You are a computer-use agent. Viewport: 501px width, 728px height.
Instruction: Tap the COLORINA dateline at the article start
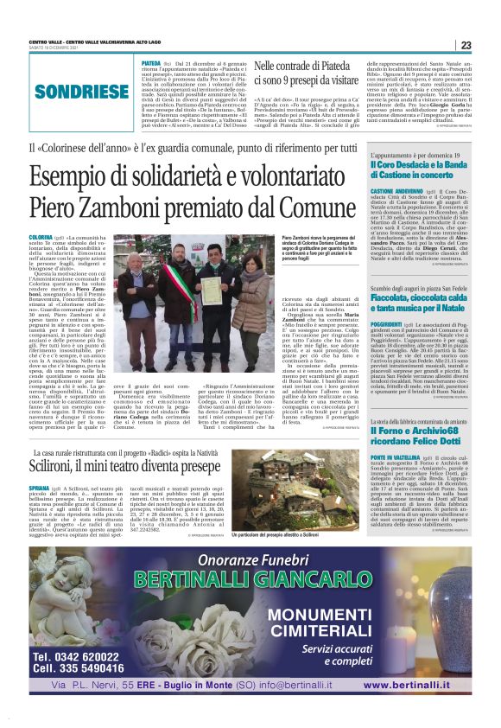(x=41, y=237)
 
